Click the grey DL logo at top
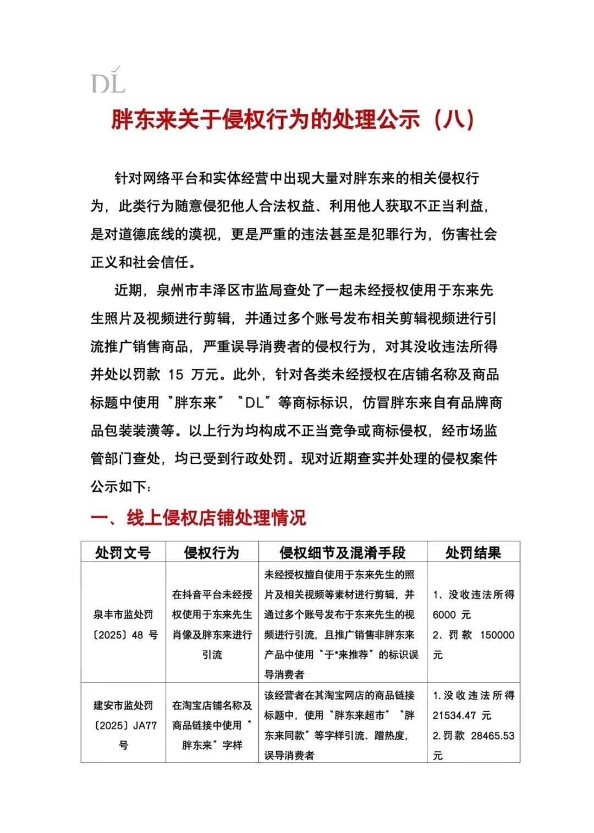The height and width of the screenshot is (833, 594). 108,81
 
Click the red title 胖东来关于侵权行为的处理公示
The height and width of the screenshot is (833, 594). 266,119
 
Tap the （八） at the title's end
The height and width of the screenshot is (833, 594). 454,119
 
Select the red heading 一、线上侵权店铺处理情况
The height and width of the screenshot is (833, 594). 198,518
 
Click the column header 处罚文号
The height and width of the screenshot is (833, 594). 123,552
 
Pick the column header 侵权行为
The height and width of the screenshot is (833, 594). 212,552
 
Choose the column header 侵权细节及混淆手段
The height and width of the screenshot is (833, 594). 342,552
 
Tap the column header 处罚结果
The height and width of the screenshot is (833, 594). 473,552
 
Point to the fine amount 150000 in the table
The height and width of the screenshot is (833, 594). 497,635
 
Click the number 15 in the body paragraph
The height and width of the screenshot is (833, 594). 175,375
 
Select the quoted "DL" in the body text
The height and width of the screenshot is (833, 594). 254,403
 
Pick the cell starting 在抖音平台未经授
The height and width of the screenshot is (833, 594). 212,625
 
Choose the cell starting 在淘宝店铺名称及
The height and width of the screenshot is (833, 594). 212,725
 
